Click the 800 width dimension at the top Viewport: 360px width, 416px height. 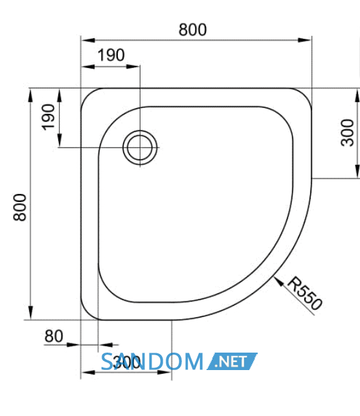[x=192, y=30]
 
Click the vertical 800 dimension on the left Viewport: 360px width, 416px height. [x=20, y=207]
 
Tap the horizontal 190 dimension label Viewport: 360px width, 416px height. [x=111, y=55]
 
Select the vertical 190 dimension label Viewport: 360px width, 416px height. [x=49, y=117]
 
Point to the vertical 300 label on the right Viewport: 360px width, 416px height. [x=347, y=133]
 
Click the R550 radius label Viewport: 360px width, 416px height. [x=305, y=293]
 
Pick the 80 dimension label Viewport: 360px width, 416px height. [x=54, y=336]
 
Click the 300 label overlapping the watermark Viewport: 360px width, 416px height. [x=126, y=362]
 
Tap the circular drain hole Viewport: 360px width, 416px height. [x=140, y=148]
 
